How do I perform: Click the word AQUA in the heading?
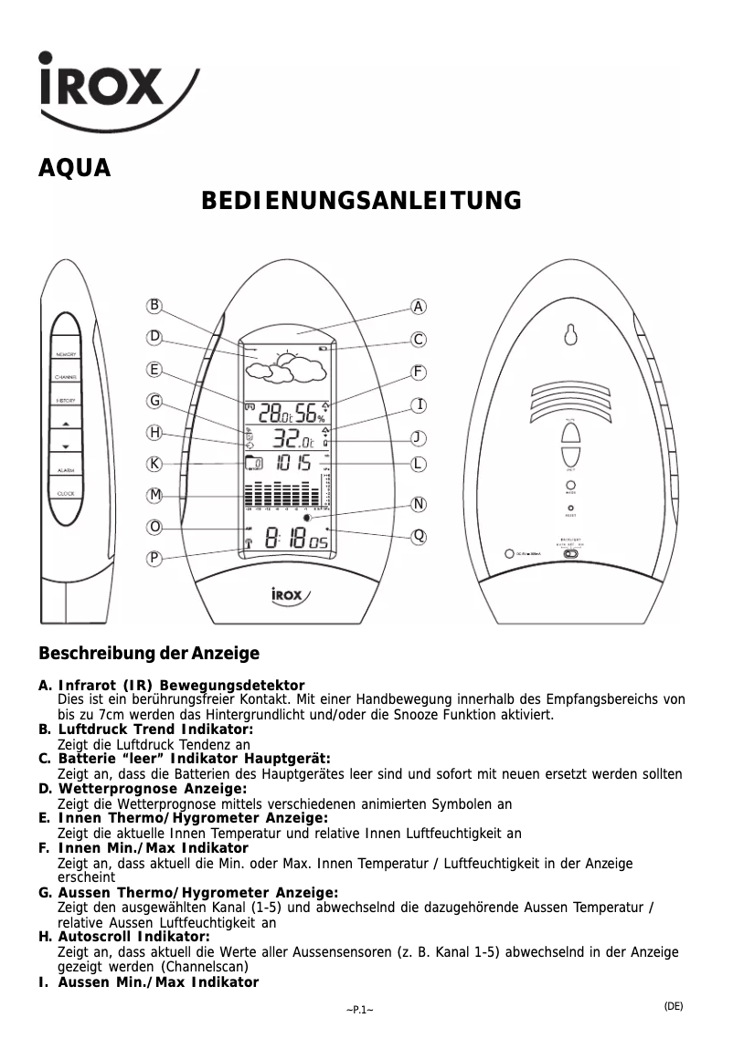pos(74,169)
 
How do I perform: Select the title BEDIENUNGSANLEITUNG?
pos(361,200)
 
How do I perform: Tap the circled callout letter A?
pos(418,307)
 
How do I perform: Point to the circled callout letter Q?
pos(418,536)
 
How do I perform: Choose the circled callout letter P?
pos(155,558)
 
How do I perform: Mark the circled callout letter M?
pos(155,495)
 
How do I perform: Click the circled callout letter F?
pos(418,373)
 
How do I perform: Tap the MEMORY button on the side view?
pos(65,354)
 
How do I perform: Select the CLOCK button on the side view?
pos(65,494)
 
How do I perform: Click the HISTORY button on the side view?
pos(65,401)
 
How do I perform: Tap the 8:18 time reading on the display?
pos(284,540)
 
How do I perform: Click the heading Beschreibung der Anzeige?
pos(148,654)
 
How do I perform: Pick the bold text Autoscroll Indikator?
pos(134,937)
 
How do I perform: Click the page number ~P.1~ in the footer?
pos(359,1009)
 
